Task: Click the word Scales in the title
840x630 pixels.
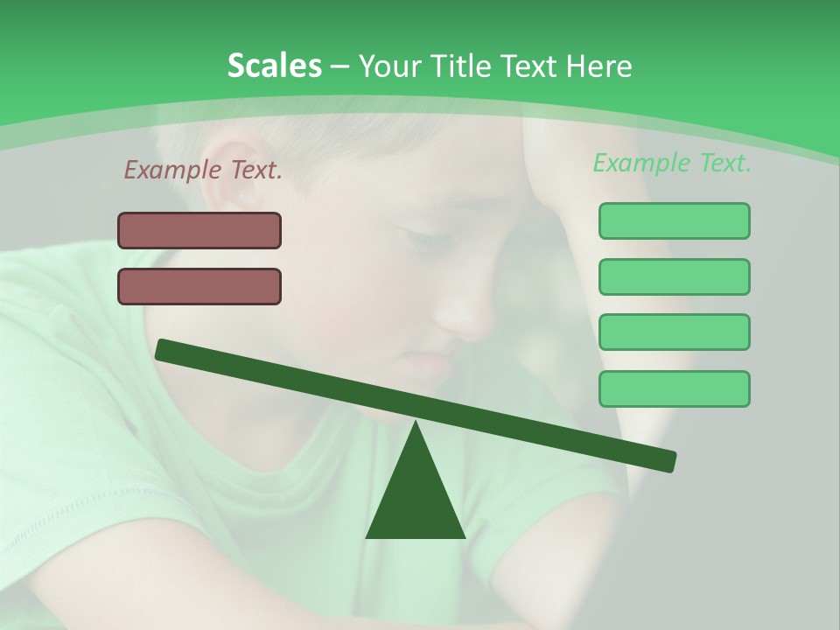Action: coord(274,66)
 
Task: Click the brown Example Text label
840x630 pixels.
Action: coord(203,171)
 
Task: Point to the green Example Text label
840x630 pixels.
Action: coord(672,163)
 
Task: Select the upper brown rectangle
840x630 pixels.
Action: coord(199,230)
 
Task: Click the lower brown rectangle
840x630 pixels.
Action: coord(199,286)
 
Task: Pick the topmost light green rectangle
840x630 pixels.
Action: coord(674,220)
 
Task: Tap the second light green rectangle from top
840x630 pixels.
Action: coord(674,276)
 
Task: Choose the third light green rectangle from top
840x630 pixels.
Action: coord(674,332)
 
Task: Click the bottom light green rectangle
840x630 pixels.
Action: coord(674,388)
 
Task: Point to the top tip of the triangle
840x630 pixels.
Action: coord(416,423)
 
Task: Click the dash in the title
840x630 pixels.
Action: coord(339,66)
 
